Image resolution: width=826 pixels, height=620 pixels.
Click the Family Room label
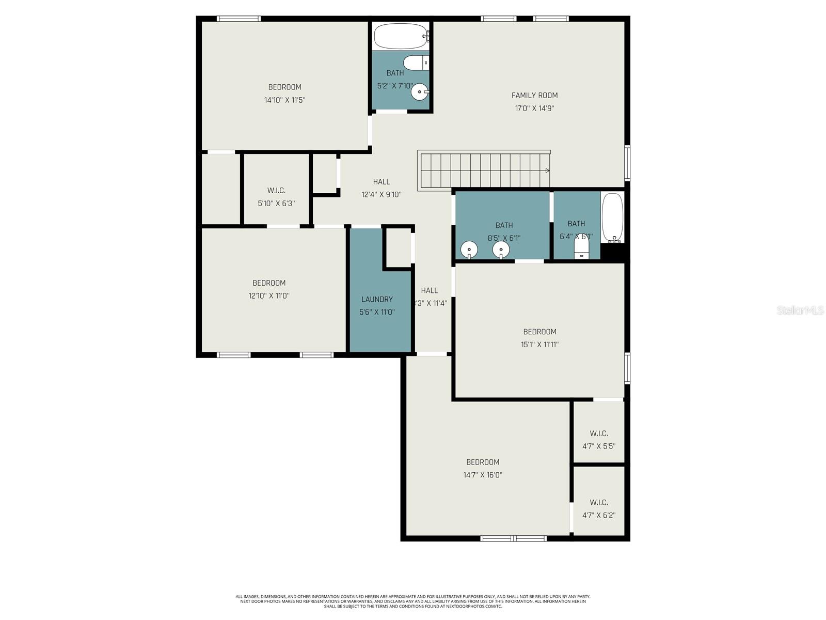point(534,95)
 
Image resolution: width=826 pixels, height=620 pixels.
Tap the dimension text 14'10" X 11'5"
point(284,100)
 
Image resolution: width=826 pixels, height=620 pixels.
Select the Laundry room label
point(377,299)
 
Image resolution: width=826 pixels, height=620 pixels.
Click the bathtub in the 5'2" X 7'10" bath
point(401,36)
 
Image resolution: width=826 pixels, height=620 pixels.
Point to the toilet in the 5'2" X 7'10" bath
point(416,63)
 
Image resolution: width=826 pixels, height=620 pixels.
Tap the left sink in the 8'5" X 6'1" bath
point(469,250)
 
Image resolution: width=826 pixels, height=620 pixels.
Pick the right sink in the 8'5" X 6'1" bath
point(501,250)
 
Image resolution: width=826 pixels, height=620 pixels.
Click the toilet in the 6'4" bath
point(582,250)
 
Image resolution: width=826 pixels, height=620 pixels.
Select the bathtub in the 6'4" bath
point(613,218)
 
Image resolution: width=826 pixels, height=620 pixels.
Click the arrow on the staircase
point(547,170)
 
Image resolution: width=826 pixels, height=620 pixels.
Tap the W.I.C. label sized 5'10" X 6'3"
point(276,191)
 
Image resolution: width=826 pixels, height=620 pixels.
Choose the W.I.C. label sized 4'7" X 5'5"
point(599,433)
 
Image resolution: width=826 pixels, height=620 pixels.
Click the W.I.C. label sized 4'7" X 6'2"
point(599,502)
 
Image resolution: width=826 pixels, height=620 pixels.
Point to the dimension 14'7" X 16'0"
point(483,475)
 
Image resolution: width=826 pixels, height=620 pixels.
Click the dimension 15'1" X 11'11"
point(539,345)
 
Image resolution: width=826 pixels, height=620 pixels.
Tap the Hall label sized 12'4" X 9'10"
point(382,182)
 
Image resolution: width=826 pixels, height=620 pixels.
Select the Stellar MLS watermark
point(800,311)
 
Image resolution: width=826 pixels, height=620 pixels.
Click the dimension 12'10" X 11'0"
point(268,296)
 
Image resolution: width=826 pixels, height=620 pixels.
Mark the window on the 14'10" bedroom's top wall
point(239,19)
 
